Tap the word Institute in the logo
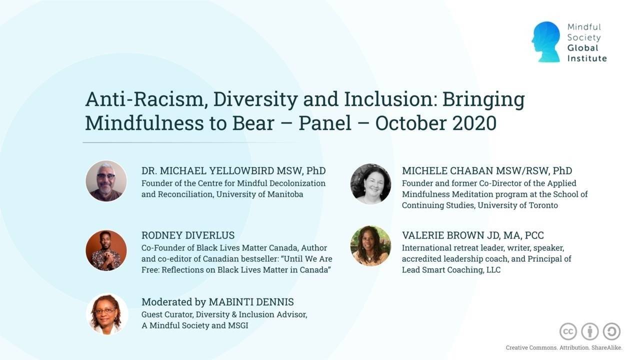point(586,58)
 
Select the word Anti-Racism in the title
point(145,99)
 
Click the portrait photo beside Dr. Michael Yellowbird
point(106,181)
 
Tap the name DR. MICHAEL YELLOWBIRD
point(208,171)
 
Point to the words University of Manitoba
point(259,194)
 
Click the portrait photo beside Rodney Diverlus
point(106,250)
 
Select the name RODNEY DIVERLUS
point(188,235)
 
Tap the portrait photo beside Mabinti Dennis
point(106,314)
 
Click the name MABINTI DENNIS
point(251,302)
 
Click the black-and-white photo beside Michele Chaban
point(370,184)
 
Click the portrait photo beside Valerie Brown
point(370,246)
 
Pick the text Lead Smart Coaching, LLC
point(451,269)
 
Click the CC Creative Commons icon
point(568,331)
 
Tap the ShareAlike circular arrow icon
point(611,331)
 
